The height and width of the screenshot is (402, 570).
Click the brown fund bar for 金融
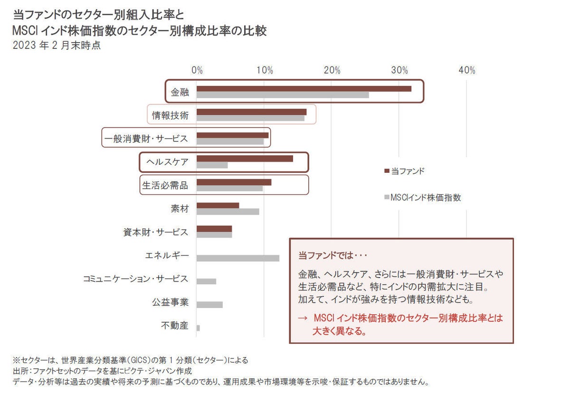click(x=304, y=89)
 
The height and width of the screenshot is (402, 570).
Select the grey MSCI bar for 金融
click(x=283, y=95)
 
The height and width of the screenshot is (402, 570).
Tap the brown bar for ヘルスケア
click(x=245, y=159)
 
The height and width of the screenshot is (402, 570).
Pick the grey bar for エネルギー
click(x=238, y=258)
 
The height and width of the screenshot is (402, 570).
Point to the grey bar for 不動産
click(x=198, y=328)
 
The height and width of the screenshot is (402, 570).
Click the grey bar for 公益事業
click(x=209, y=305)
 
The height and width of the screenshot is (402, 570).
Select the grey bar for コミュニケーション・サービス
click(x=206, y=281)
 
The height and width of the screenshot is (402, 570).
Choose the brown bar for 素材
click(x=218, y=205)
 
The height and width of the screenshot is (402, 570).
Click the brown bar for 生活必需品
click(x=234, y=182)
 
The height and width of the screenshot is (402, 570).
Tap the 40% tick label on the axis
click(x=467, y=71)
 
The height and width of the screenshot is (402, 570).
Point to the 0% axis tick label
click(x=197, y=71)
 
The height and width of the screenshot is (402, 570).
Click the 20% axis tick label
click(x=332, y=71)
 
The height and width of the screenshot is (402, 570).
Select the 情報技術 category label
click(x=170, y=115)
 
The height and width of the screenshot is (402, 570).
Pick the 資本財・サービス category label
click(x=155, y=233)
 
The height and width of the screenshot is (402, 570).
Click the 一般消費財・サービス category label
click(x=146, y=139)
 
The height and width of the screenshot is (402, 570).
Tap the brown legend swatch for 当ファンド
click(x=386, y=172)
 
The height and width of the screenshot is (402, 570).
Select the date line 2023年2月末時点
click(x=57, y=47)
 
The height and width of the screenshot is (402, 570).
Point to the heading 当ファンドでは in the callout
click(x=333, y=255)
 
